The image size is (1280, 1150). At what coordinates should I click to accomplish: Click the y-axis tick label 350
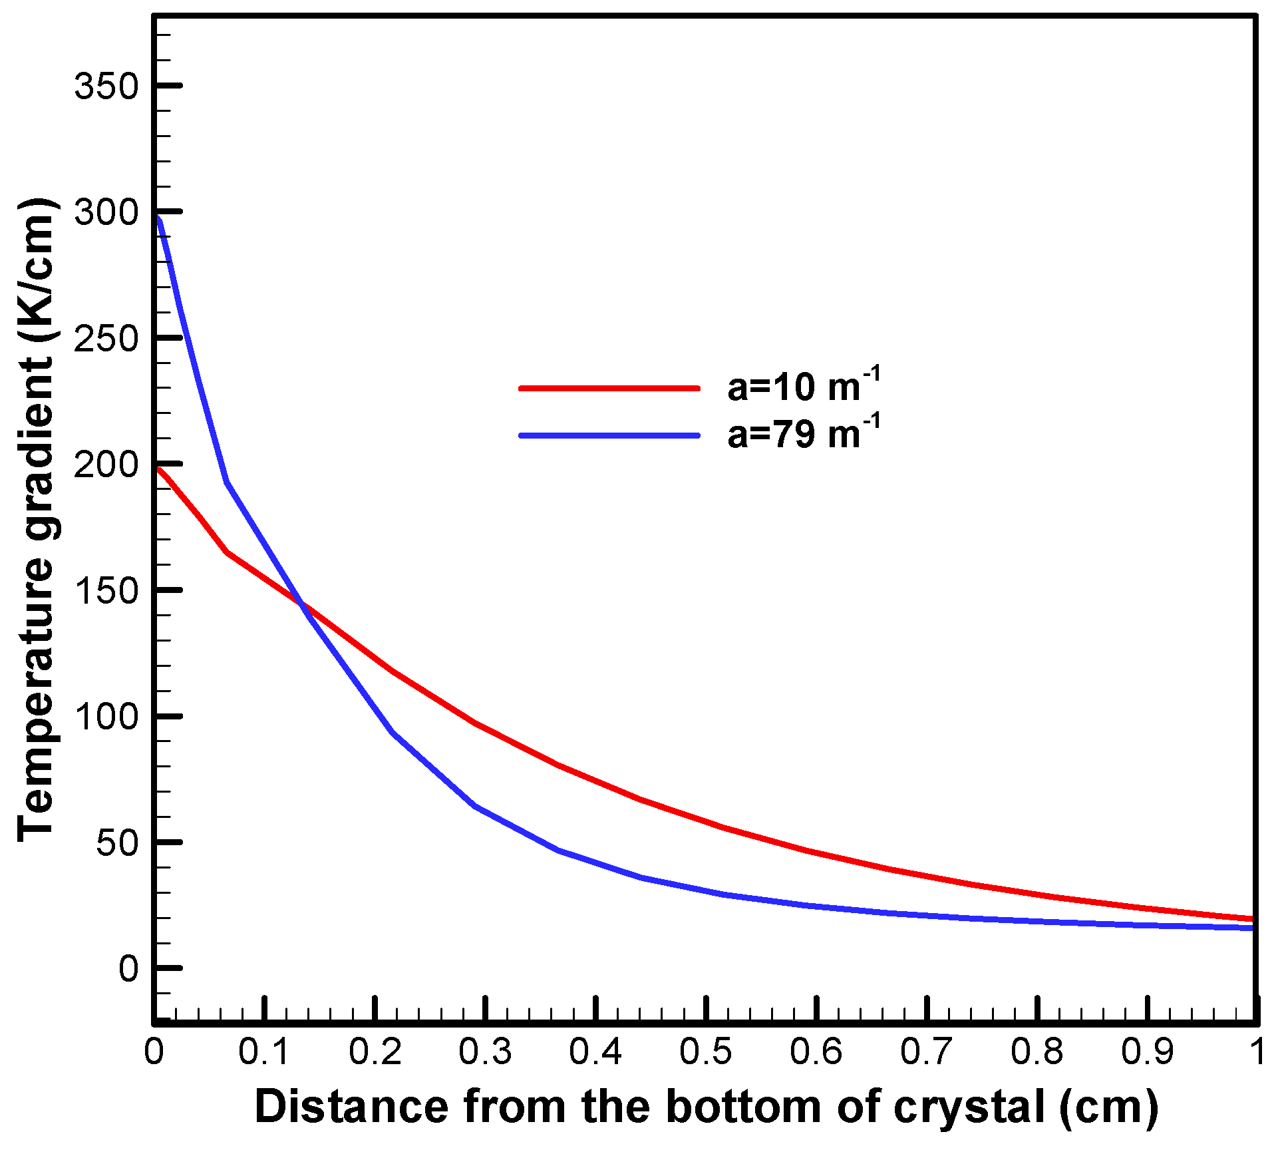(x=106, y=87)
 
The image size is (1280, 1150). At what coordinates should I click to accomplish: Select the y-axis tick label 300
(x=106, y=213)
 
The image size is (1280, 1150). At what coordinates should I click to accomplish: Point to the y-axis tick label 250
(x=106, y=339)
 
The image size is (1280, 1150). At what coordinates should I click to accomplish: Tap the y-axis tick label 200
(x=106, y=465)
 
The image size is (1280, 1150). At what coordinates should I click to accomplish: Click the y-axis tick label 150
(x=106, y=591)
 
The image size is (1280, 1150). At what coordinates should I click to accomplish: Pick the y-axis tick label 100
(x=106, y=717)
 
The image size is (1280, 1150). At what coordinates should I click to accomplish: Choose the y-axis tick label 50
(x=117, y=843)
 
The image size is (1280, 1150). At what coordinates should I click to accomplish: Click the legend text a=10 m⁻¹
(x=804, y=386)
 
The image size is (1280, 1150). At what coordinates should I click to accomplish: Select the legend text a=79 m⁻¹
(x=804, y=434)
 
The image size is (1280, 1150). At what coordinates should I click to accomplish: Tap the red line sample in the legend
(x=609, y=388)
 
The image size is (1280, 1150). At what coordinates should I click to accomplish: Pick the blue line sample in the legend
(x=609, y=436)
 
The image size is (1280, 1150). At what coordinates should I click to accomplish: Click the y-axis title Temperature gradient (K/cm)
(x=37, y=519)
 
